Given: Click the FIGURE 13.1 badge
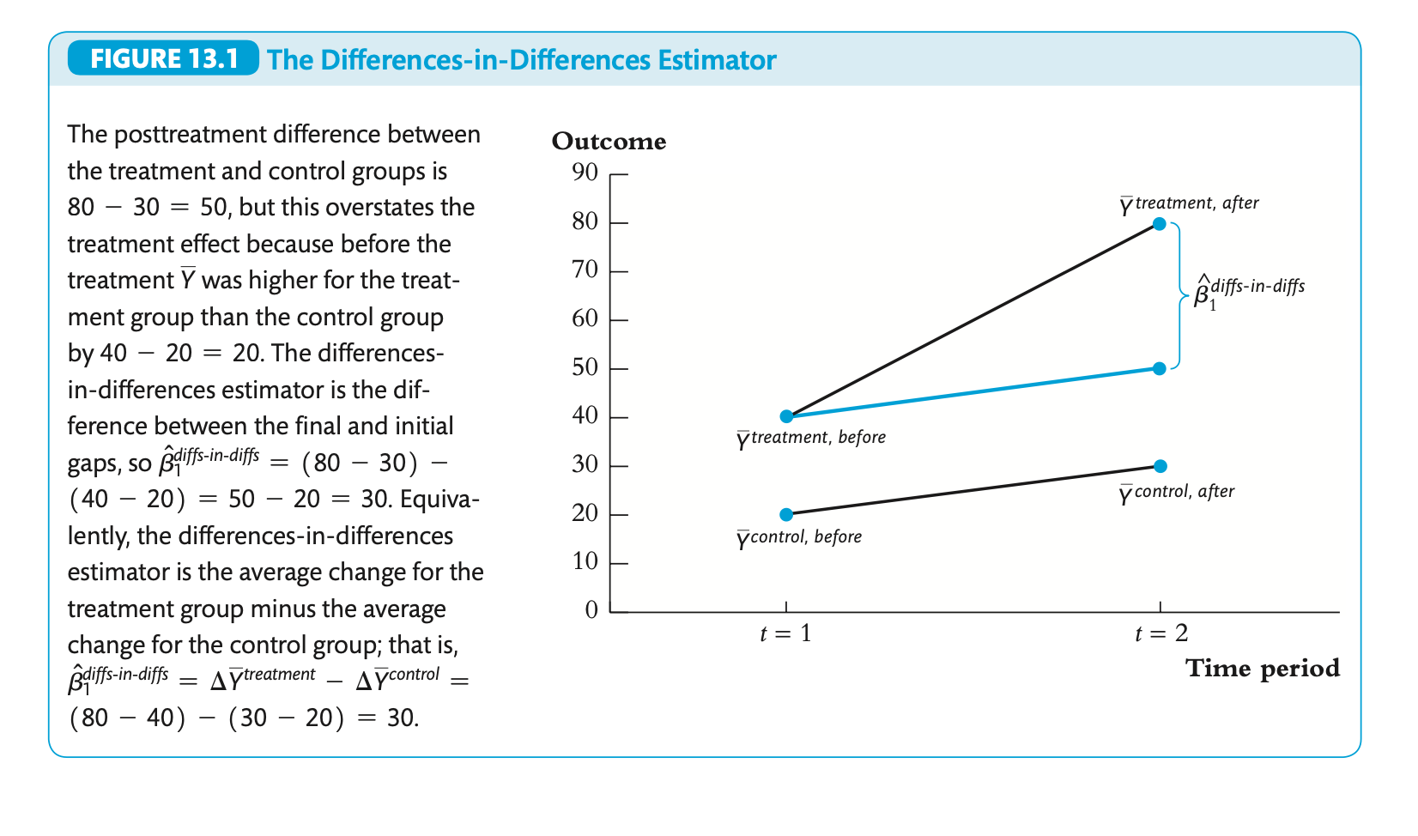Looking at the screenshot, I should (x=163, y=59).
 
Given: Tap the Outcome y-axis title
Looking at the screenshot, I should (x=609, y=142).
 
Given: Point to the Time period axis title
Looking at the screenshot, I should (x=1262, y=669).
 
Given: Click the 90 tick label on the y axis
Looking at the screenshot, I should (x=585, y=173).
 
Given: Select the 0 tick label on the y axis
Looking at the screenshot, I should (x=591, y=610).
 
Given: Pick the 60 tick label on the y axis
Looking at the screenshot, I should (x=585, y=319).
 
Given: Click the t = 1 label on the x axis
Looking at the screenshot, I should (x=785, y=634).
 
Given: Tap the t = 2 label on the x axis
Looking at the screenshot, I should (x=1160, y=634).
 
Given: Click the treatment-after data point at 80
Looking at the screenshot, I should (x=1159, y=224).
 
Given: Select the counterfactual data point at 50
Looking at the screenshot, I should (x=1159, y=368).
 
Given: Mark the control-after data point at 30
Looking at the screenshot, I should (x=1160, y=466).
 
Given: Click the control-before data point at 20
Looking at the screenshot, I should (x=786, y=515).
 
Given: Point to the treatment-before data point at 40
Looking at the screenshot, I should (x=786, y=416).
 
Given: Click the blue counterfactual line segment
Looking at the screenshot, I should (x=973, y=392).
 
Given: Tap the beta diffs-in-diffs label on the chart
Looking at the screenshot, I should (x=1249, y=291).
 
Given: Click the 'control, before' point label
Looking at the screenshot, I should (x=799, y=538).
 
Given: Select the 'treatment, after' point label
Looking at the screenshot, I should (x=1189, y=205).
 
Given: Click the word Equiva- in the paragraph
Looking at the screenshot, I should (x=439, y=500).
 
